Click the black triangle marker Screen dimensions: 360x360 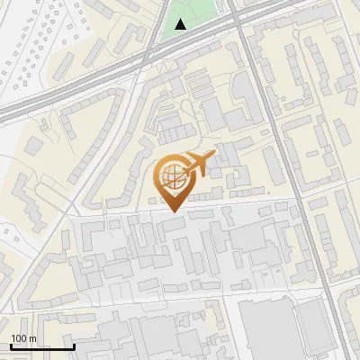pos(182,24)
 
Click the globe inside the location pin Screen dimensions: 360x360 pos(171,175)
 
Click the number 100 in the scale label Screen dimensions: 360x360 pos(19,338)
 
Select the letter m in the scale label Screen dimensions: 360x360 pos(32,338)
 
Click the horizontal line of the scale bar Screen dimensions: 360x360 pos(40,346)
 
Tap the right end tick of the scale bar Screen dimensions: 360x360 pos(74,345)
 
